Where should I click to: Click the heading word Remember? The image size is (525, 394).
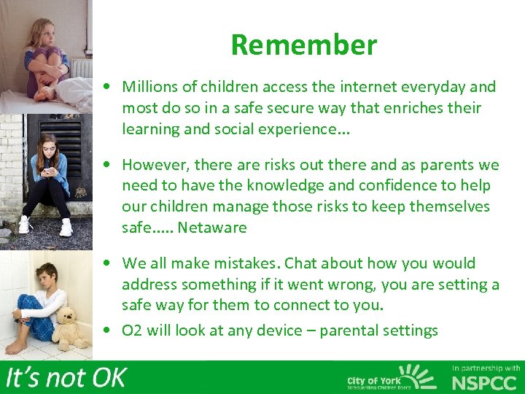click(303, 45)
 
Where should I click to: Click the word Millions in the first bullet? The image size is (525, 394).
click(149, 87)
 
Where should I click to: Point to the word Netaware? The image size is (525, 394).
click(212, 228)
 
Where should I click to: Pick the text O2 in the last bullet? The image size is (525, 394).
click(132, 331)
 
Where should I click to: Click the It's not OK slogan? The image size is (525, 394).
click(66, 377)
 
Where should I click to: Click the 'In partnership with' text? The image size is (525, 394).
click(486, 368)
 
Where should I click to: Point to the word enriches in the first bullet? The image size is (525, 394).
click(410, 108)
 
